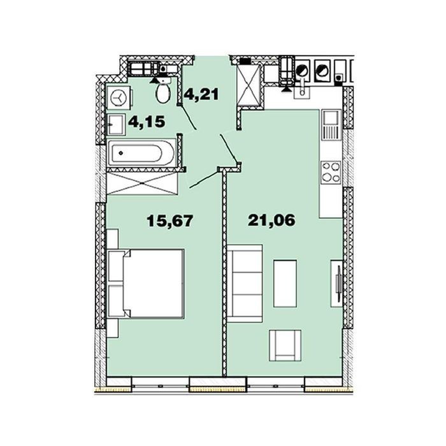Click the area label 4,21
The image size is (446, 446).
202,94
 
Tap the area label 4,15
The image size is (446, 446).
147,122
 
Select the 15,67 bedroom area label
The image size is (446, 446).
170,220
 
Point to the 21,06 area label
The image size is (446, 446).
271,220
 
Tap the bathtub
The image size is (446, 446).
141,154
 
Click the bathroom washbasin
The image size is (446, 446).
116,124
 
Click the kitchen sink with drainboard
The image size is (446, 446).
331,125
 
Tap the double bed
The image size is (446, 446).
145,284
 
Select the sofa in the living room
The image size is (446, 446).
245,284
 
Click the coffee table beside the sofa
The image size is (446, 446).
285,284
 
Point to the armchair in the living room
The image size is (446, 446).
285,345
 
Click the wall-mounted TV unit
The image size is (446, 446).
337,284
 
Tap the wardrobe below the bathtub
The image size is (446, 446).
142,183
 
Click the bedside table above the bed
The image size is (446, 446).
113,239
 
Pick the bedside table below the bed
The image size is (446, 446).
113,328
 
